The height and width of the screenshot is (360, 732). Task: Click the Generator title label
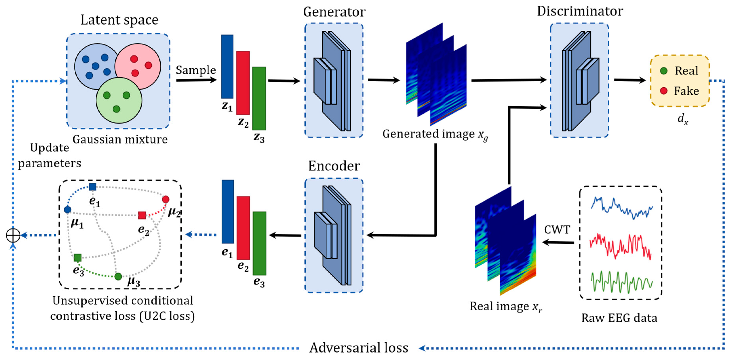pos(334,12)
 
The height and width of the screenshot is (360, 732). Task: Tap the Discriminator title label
pos(580,11)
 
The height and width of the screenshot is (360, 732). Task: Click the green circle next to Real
pos(663,71)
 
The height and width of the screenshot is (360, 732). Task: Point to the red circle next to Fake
pos(663,91)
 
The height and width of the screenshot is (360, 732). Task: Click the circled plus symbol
pos(13,235)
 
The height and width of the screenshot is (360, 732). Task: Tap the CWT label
pos(557,230)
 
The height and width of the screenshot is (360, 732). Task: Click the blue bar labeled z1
pos(227,67)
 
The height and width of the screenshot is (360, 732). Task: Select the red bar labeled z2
pos(243,83)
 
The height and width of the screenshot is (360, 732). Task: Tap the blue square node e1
pos(93,187)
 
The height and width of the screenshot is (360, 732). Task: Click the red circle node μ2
pos(166,199)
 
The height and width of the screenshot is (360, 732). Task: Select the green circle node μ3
pos(118,276)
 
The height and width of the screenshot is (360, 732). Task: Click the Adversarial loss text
pos(359,348)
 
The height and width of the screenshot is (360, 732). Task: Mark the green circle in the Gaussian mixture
pos(119,100)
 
